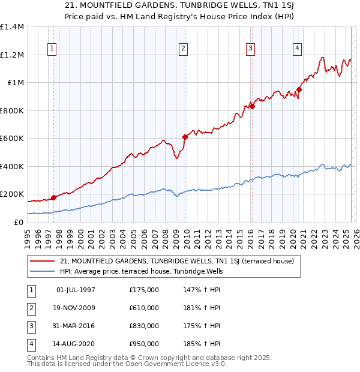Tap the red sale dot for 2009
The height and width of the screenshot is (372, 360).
185,137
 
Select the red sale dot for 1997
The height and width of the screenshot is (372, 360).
53,197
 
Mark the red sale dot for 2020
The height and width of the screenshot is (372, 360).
299,89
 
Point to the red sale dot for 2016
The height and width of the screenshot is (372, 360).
252,106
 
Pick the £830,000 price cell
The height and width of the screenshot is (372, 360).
144,326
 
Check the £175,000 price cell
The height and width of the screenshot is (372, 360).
144,290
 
